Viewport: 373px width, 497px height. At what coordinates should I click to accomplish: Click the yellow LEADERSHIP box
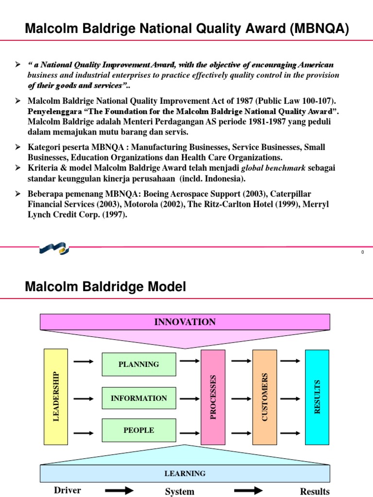coord(56,397)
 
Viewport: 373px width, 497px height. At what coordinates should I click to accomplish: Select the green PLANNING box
coord(138,364)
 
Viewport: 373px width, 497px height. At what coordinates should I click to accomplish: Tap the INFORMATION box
coord(138,398)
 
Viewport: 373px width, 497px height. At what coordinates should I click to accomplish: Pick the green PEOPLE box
coord(138,431)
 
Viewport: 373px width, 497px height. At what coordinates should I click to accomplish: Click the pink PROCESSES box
coord(213,397)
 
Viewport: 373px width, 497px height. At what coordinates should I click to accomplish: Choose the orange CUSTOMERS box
coord(265,397)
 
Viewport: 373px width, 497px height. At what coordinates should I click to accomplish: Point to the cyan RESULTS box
coord(317,397)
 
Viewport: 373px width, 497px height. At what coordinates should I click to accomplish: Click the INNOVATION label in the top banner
coord(185,322)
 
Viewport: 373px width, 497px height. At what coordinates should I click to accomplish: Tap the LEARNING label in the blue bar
coord(185,473)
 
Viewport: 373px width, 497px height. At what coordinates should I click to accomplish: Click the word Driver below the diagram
coord(68,490)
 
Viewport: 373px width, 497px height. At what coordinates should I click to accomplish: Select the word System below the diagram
coord(179,492)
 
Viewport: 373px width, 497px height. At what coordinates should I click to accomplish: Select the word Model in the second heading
coord(166,287)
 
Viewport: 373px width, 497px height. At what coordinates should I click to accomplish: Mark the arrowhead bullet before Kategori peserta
coord(18,147)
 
